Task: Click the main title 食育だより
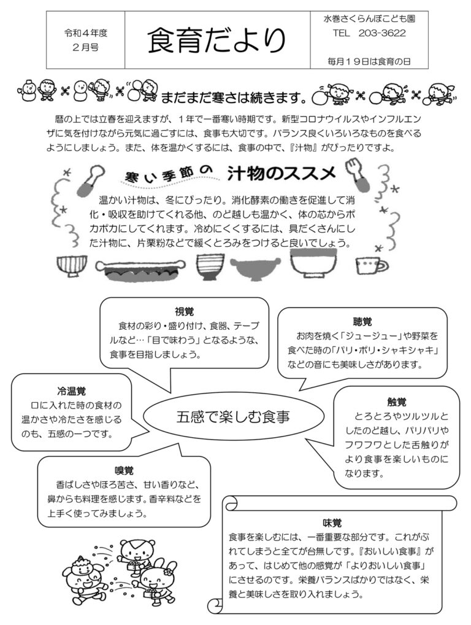[x=217, y=41]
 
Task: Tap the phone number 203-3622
[x=382, y=33]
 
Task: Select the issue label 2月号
[x=86, y=47]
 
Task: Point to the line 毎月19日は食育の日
[x=369, y=61]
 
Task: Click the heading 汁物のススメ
[x=281, y=173]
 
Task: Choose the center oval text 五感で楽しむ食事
[x=233, y=416]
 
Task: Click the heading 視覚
[x=185, y=311]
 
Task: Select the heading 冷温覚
[x=71, y=391]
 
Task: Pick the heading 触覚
[x=397, y=402]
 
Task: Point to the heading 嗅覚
[x=124, y=470]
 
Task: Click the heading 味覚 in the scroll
[x=332, y=522]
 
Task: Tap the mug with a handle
[x=372, y=265]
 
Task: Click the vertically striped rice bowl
[x=72, y=265]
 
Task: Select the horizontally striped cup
[x=208, y=267]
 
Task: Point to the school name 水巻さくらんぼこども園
[x=369, y=18]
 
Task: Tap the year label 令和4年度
[x=86, y=33]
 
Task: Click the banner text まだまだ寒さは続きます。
[x=235, y=97]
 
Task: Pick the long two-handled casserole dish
[x=140, y=270]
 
